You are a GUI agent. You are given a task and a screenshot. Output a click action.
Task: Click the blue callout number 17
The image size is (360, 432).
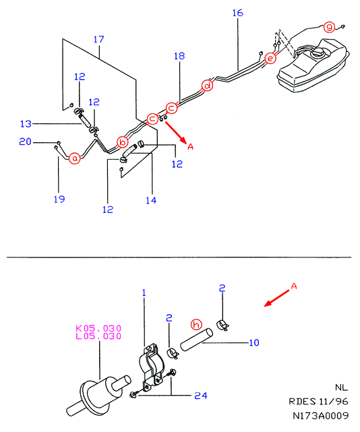(98, 39)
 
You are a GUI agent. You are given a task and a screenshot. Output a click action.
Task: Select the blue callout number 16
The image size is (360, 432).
(237, 13)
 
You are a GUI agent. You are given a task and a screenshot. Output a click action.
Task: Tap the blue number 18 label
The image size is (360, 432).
(179, 56)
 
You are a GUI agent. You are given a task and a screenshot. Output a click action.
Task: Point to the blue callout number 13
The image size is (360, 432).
(26, 124)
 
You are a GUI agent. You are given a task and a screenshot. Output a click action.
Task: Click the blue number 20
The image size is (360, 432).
(25, 142)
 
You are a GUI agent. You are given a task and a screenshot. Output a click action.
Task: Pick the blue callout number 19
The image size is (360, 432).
(59, 199)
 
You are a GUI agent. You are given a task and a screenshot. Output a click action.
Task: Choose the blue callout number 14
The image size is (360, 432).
(151, 200)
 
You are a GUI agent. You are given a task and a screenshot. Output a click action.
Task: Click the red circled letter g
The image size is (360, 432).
(329, 27)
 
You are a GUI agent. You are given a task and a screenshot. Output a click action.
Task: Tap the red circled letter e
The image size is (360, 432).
(270, 59)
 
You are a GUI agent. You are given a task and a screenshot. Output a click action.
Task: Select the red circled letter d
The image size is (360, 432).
(207, 86)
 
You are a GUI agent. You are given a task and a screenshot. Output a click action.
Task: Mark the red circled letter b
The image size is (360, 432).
(123, 142)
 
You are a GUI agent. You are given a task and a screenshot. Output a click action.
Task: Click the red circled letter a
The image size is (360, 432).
(75, 158)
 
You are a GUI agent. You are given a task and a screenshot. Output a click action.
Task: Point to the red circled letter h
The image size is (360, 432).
(196, 325)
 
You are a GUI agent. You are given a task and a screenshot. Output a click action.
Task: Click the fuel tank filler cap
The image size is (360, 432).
(318, 53)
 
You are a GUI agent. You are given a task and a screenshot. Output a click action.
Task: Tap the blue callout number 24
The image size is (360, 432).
(201, 396)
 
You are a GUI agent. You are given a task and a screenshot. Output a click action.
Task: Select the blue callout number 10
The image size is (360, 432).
(254, 343)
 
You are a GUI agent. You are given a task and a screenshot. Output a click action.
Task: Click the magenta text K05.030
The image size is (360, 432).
(98, 328)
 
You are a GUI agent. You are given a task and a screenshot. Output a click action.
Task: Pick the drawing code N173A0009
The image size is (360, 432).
(321, 415)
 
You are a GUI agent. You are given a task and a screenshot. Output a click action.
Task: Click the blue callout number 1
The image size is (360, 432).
(144, 293)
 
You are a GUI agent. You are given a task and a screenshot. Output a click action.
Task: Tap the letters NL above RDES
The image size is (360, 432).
(342, 388)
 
